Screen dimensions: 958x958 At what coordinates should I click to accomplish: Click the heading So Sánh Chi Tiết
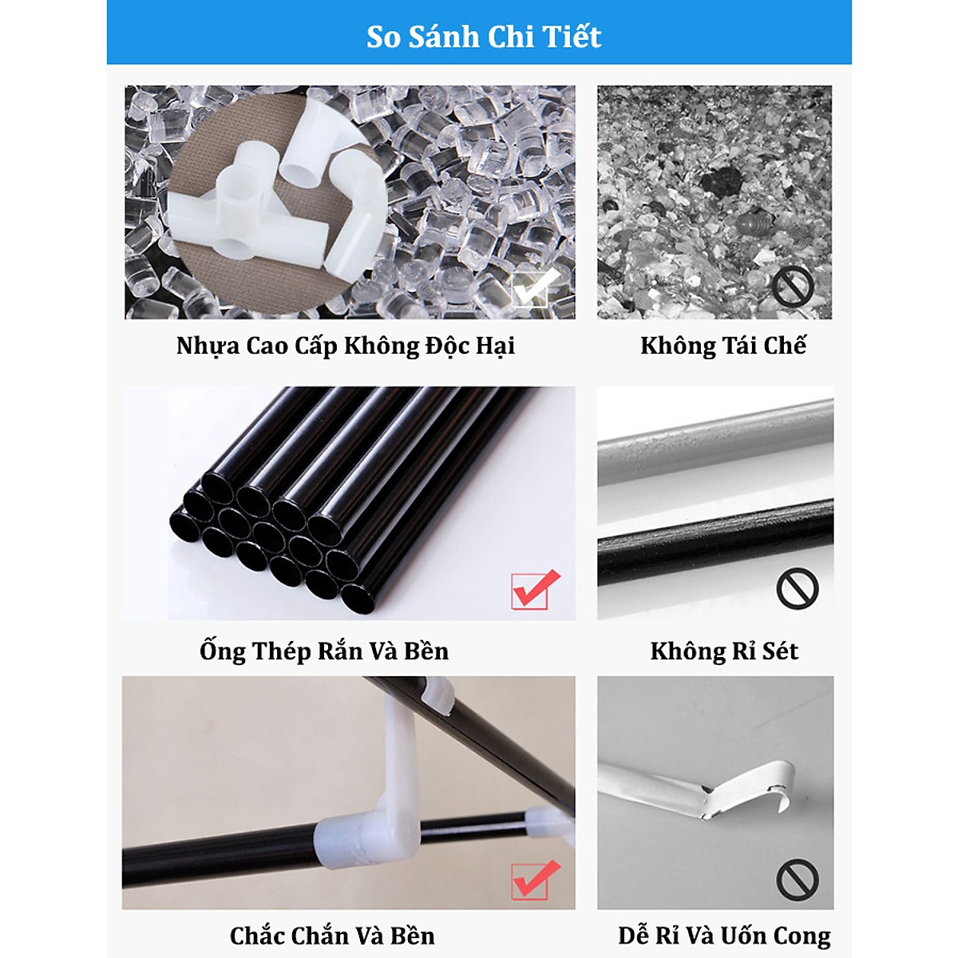pos(483,37)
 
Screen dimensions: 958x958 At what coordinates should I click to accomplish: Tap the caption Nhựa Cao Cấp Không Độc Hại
pos(345,346)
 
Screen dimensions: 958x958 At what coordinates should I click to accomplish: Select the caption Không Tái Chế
pos(722,346)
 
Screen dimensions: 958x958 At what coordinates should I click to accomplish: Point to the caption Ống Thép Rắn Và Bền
pos(324,651)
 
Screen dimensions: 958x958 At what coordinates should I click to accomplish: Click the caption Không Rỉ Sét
pos(723,651)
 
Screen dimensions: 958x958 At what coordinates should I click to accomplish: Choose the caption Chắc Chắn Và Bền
pos(332,936)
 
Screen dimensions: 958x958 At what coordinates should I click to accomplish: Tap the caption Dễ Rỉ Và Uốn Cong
pos(724,936)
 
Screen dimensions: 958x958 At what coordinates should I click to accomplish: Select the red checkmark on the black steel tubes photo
pos(535,590)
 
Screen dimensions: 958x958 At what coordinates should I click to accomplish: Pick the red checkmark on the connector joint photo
pos(535,878)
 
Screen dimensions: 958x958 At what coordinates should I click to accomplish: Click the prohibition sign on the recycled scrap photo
pos(793,287)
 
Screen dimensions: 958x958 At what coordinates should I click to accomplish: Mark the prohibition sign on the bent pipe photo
pos(798,880)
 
